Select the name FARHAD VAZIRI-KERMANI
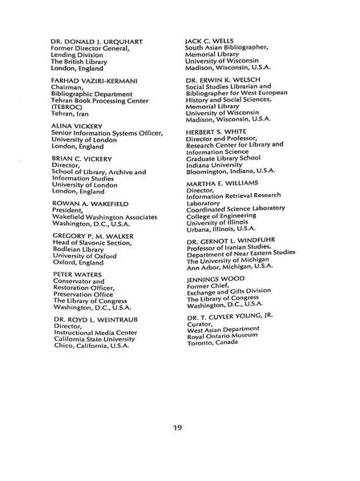(x=98, y=81)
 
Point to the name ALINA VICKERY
(x=76, y=126)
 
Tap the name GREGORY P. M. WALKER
(x=98, y=236)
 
